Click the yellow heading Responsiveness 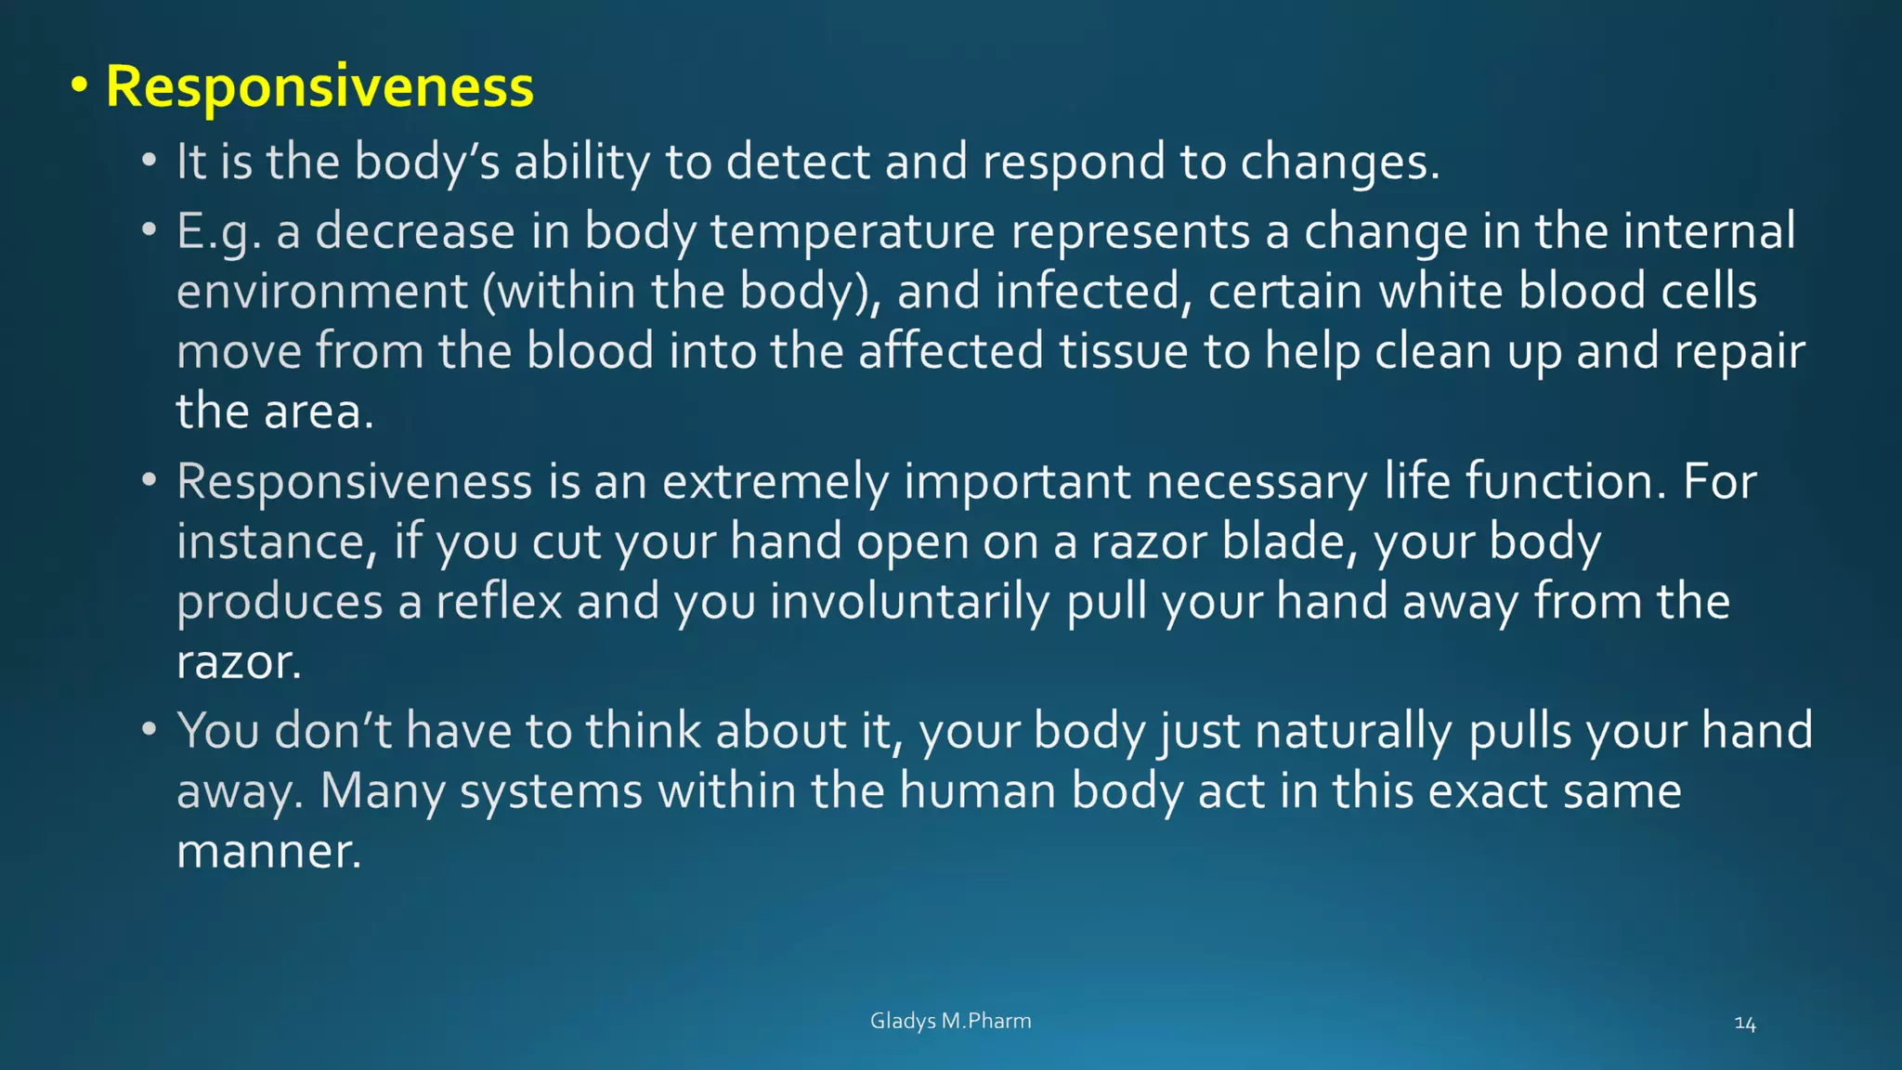(319, 86)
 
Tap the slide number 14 (1744, 1024)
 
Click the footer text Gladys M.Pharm (950, 1021)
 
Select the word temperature (853, 231)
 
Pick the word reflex (499, 601)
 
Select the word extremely (775, 481)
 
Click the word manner (267, 851)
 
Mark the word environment (321, 292)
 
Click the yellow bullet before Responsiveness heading (80, 86)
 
